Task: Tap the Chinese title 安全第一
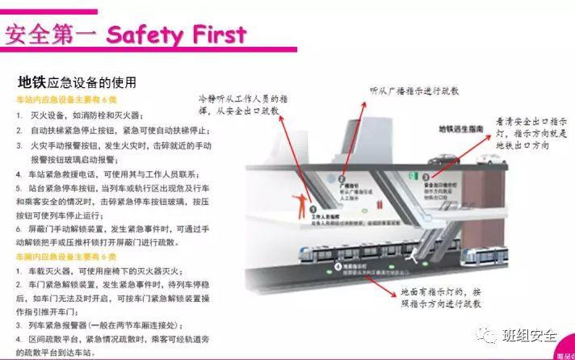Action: (x=51, y=35)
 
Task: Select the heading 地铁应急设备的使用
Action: (x=77, y=82)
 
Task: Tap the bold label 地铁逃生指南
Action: (x=461, y=129)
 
